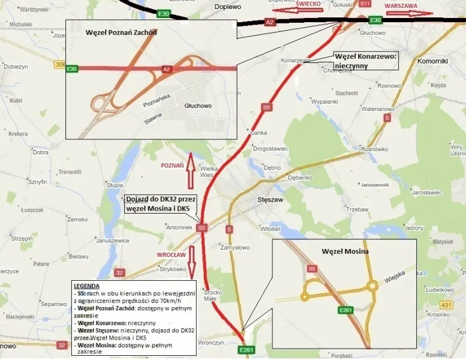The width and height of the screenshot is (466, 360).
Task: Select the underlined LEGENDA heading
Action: (x=86, y=286)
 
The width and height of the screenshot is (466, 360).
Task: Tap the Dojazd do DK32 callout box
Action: (x=158, y=205)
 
